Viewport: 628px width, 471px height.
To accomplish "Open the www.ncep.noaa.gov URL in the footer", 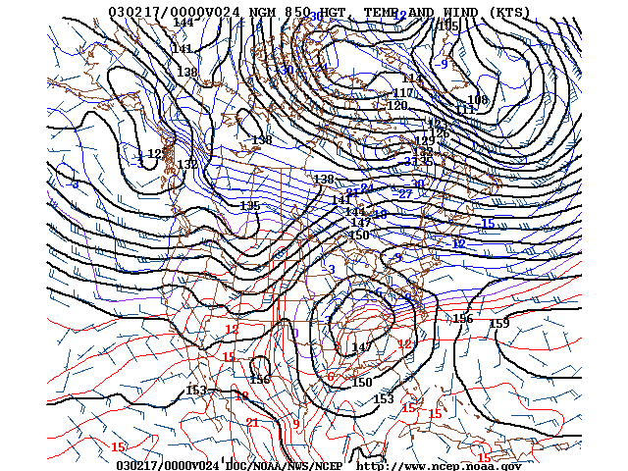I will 438,465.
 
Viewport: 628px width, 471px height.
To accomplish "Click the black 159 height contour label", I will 499,324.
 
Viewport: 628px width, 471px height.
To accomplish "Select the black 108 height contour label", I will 477,100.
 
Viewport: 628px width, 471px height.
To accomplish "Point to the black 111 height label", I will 464,110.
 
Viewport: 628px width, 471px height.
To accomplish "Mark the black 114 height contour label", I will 412,78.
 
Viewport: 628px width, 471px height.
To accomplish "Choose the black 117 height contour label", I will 402,93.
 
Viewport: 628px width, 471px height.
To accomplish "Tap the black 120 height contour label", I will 396,106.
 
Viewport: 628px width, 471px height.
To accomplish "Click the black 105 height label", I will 449,26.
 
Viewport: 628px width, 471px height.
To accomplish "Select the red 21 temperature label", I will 252,423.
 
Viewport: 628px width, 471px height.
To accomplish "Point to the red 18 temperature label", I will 241,395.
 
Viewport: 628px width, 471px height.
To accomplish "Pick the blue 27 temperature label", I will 404,194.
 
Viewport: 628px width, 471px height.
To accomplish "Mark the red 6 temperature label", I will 331,377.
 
